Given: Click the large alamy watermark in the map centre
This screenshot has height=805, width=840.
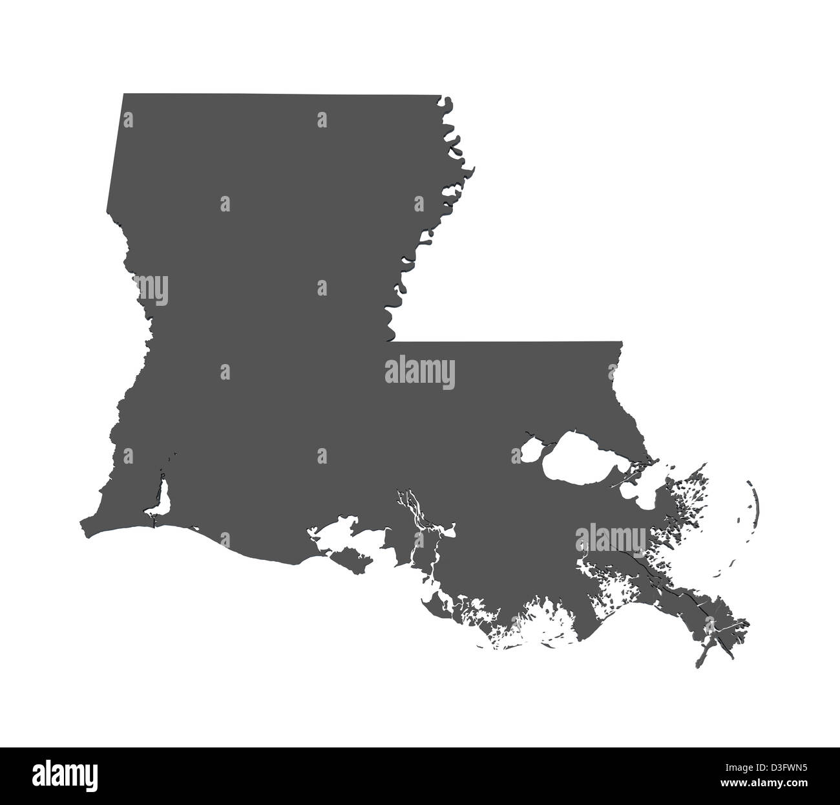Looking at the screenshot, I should (x=420, y=373).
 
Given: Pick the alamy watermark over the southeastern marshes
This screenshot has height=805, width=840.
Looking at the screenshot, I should (x=611, y=537).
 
